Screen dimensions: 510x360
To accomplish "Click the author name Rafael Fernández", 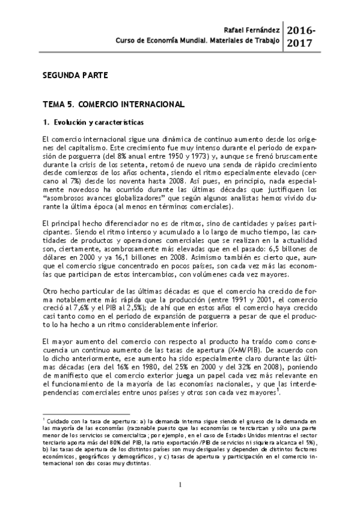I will [252, 29].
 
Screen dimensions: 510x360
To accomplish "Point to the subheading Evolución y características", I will [82, 123].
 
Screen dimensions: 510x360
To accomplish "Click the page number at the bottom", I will [180, 485].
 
